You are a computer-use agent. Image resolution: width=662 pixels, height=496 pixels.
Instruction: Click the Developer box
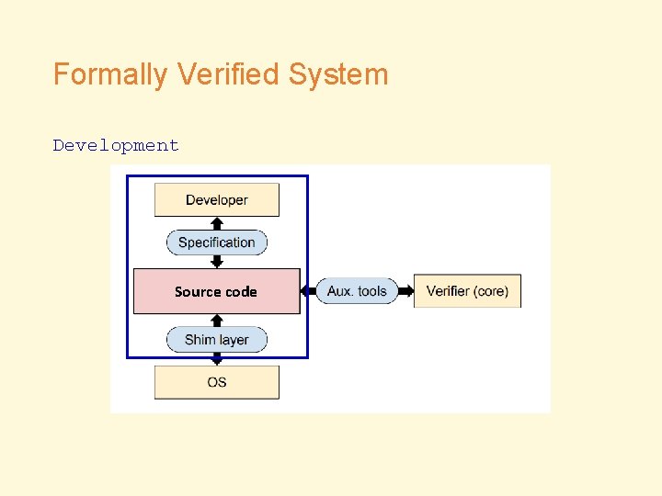(217, 200)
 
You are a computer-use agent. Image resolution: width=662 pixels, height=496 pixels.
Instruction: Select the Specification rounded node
(217, 242)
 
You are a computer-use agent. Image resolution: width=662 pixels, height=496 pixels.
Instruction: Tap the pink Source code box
(217, 291)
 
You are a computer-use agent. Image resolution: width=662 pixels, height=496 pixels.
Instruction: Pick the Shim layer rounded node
(217, 340)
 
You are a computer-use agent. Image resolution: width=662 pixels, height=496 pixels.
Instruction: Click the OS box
(217, 382)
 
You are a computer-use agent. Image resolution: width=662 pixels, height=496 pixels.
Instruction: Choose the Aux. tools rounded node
(357, 291)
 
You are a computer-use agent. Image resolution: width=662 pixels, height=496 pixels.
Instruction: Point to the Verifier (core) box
(467, 291)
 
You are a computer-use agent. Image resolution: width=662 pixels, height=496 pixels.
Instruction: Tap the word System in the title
(338, 74)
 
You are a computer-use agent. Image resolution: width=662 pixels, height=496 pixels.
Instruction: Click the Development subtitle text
(116, 145)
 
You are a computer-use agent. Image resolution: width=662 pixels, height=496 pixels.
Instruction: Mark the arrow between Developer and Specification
(217, 222)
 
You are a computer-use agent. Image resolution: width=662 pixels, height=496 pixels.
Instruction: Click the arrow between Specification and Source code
(217, 262)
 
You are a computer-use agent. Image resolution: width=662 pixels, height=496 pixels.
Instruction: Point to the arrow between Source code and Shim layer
(217, 320)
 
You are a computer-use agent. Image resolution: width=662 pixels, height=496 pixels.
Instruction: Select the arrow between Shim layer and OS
(217, 359)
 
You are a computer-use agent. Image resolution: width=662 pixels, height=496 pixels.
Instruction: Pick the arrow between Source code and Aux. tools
(308, 291)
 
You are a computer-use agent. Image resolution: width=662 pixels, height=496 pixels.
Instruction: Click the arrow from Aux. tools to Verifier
(405, 291)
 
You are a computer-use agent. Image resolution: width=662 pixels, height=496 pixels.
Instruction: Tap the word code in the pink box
(241, 291)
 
